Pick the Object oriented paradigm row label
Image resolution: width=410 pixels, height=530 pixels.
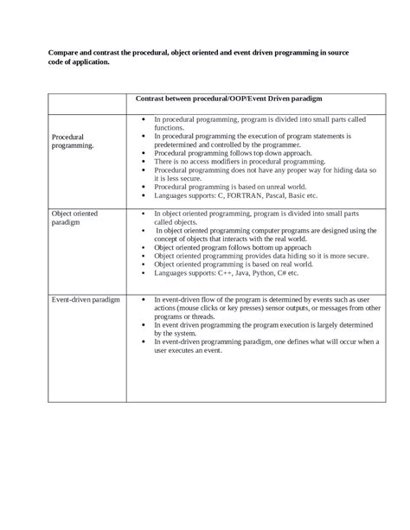click(74, 217)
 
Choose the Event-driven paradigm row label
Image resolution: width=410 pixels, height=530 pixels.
click(86, 299)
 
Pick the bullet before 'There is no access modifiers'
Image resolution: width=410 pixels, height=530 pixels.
click(143, 162)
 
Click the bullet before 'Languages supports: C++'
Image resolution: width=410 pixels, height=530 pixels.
click(143, 272)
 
